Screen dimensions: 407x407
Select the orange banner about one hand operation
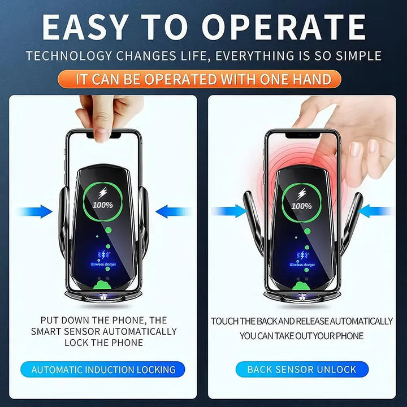pyautogui.click(x=203, y=79)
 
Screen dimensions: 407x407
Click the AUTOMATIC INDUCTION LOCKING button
pyautogui.click(x=103, y=370)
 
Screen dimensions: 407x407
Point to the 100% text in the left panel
pyautogui.click(x=103, y=205)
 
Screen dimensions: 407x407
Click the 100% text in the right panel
pyautogui.click(x=302, y=206)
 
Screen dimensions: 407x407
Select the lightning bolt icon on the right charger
pyautogui.click(x=302, y=192)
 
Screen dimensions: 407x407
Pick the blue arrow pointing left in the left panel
pyautogui.click(x=173, y=212)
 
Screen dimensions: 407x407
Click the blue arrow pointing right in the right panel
pyautogui.click(x=229, y=211)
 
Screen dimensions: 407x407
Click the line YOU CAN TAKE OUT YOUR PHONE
pyautogui.click(x=301, y=336)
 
